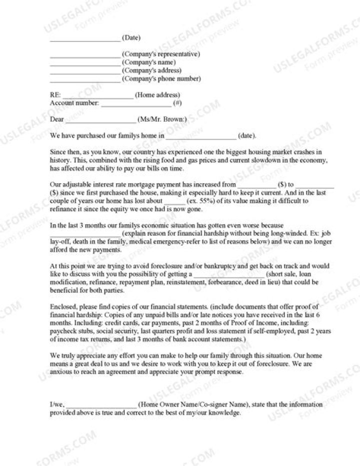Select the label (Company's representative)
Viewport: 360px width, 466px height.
(x=161, y=54)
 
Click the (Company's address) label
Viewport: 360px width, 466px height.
(x=151, y=71)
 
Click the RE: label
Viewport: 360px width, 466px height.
(x=55, y=95)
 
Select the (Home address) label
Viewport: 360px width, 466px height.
(x=157, y=95)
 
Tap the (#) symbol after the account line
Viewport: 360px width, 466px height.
(x=177, y=103)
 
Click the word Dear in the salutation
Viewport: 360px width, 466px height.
(x=57, y=119)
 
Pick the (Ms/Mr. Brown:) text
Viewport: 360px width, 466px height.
(x=162, y=119)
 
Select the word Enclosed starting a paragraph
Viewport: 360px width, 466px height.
(x=63, y=306)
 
